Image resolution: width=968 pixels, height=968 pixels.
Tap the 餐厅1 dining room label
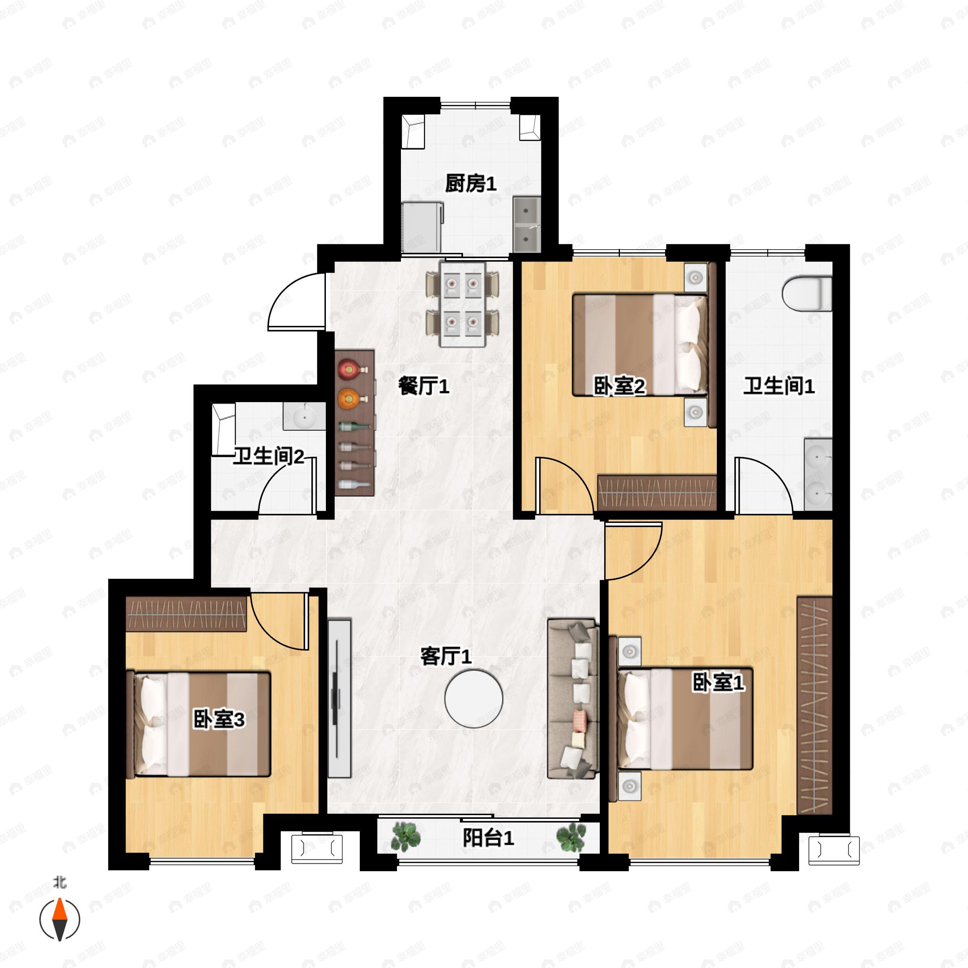(423, 386)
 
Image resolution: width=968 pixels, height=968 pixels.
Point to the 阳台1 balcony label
(488, 837)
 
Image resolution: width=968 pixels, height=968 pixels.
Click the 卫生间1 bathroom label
(778, 386)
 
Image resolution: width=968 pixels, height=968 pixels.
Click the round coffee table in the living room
(474, 699)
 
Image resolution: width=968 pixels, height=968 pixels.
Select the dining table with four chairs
(463, 304)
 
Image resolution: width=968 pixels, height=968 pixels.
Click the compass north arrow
(60, 920)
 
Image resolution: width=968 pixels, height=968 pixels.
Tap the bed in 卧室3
(198, 724)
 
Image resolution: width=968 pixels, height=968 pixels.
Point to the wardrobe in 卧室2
(657, 492)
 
